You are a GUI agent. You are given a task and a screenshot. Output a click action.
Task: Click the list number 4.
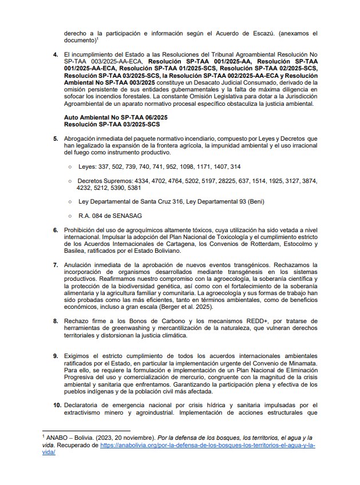click(56, 55)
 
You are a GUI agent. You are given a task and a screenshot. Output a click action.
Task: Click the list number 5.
click(56, 139)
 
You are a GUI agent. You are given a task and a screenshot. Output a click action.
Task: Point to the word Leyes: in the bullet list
click(88, 166)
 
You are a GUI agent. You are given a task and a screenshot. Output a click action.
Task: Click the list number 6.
click(56, 230)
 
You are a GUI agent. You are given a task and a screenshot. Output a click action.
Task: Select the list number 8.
click(56, 321)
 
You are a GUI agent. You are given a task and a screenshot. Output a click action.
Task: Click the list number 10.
click(57, 405)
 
